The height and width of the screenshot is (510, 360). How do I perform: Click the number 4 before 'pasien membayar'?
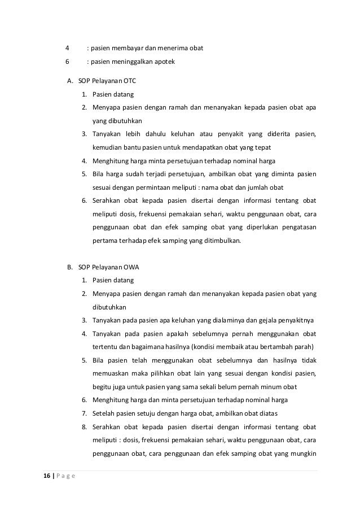67,49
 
